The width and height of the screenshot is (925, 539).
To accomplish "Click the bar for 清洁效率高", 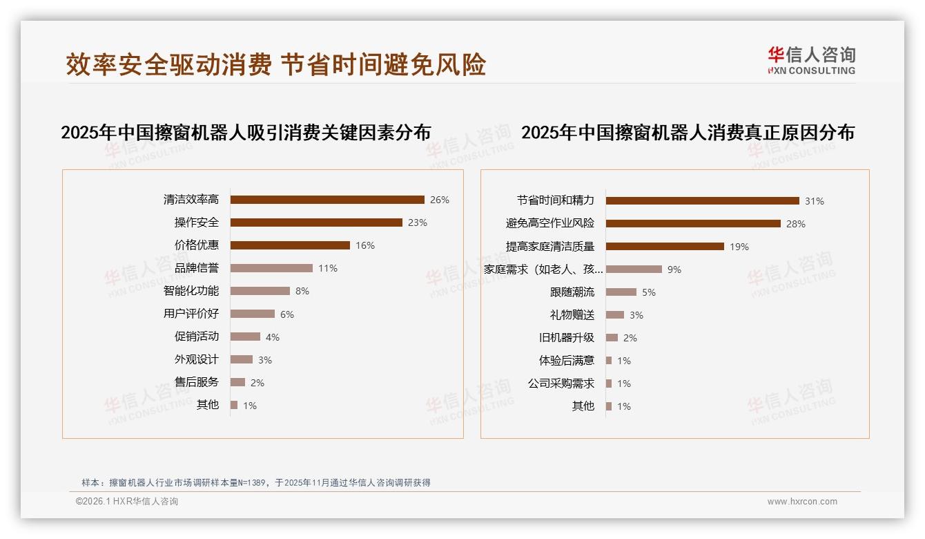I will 327,200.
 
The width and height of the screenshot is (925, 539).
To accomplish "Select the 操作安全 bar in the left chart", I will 316,223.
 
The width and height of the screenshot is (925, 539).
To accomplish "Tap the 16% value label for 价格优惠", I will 365,245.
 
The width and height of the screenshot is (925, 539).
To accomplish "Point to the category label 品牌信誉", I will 197,268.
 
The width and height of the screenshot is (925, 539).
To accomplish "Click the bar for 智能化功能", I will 260,291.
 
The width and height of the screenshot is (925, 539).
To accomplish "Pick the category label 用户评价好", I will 191,314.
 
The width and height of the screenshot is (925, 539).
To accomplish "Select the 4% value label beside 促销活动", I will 273,337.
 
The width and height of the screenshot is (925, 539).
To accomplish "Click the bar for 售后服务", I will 237,382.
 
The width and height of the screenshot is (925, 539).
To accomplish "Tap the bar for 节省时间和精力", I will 702,200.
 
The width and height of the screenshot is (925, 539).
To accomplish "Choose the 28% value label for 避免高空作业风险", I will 796,224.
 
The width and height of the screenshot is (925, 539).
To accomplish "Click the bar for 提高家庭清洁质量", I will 665,246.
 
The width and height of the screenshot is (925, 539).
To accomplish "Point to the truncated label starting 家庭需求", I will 544,269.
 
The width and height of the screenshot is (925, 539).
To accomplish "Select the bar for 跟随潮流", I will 621,292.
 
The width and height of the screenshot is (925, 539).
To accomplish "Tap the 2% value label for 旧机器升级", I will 630,338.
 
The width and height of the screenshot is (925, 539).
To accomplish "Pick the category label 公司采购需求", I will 561,384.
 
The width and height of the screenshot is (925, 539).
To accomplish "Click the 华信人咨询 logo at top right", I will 811,61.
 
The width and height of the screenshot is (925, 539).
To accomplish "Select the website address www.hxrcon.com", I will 802,502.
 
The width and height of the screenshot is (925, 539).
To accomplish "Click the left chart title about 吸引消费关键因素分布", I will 246,133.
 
